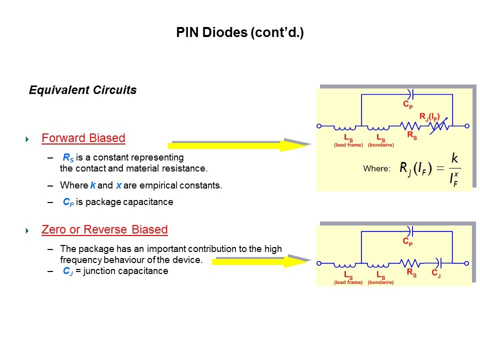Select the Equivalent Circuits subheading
click(x=82, y=90)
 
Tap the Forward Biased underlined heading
click(x=83, y=138)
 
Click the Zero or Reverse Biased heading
click(x=104, y=230)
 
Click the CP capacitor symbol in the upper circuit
click(x=411, y=93)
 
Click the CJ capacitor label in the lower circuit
click(x=436, y=274)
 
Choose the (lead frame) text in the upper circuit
click(x=348, y=145)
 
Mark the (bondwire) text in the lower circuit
click(x=380, y=282)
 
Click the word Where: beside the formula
click(x=376, y=169)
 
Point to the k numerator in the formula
click(x=454, y=158)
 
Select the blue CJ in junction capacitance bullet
click(x=68, y=271)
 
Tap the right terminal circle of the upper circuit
click(x=467, y=126)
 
